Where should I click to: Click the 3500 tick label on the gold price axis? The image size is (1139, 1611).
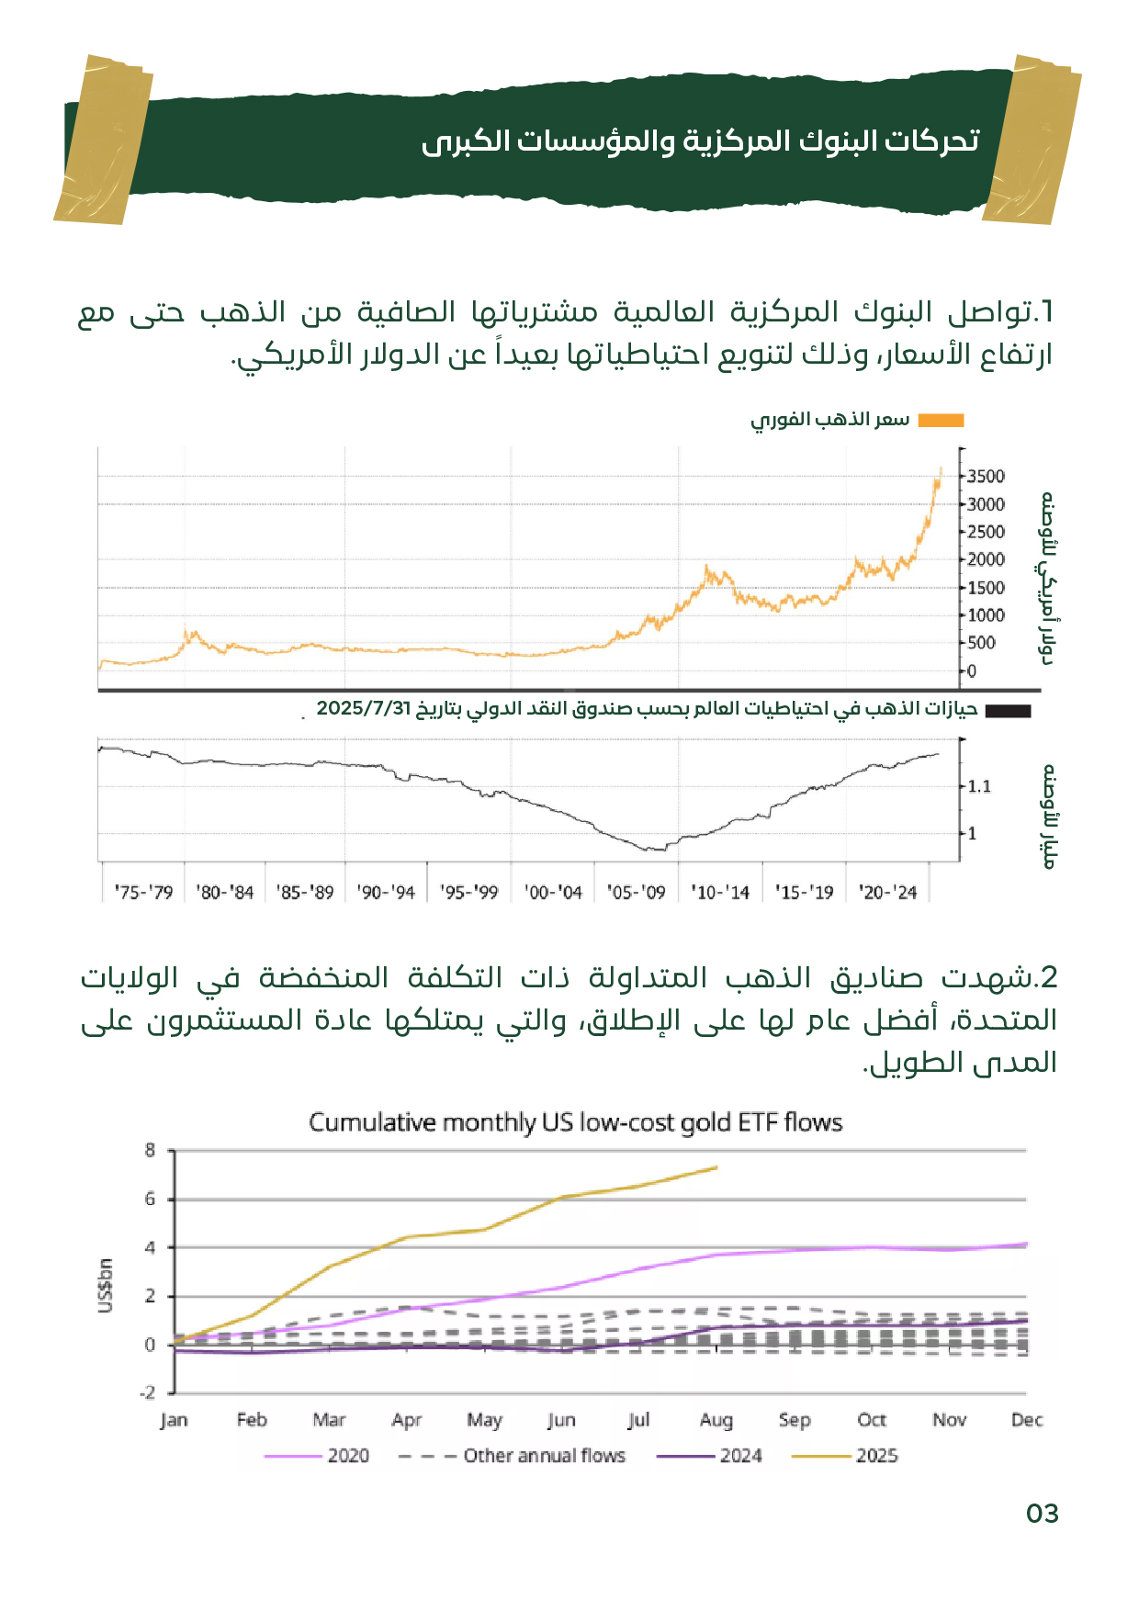[986, 476]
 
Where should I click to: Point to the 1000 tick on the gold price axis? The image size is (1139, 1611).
[986, 615]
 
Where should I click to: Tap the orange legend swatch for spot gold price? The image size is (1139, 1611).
[941, 420]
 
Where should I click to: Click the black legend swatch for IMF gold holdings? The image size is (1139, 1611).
[1008, 710]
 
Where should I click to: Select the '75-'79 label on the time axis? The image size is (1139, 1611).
[143, 892]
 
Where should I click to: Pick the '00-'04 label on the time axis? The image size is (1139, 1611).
[553, 892]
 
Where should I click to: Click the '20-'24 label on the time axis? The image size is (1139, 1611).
[887, 892]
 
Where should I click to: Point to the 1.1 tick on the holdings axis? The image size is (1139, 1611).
[979, 786]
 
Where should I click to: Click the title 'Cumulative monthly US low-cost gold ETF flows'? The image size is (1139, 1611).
[575, 1122]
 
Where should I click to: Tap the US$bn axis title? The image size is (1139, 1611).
[106, 1286]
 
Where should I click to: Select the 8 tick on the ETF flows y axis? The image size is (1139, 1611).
[150, 1150]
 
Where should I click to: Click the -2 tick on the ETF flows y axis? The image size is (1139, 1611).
[147, 1392]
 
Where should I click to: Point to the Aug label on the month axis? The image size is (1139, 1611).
[716, 1420]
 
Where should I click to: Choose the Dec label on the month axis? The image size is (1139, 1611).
[1026, 1420]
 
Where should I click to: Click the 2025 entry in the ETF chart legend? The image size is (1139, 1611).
[876, 1455]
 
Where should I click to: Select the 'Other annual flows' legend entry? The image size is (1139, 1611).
[544, 1455]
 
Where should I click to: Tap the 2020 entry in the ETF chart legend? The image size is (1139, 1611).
[348, 1455]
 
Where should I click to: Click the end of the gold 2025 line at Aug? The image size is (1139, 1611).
[716, 1167]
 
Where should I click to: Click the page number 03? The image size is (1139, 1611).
[1042, 1514]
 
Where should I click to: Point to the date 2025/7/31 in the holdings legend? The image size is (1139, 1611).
[363, 708]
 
